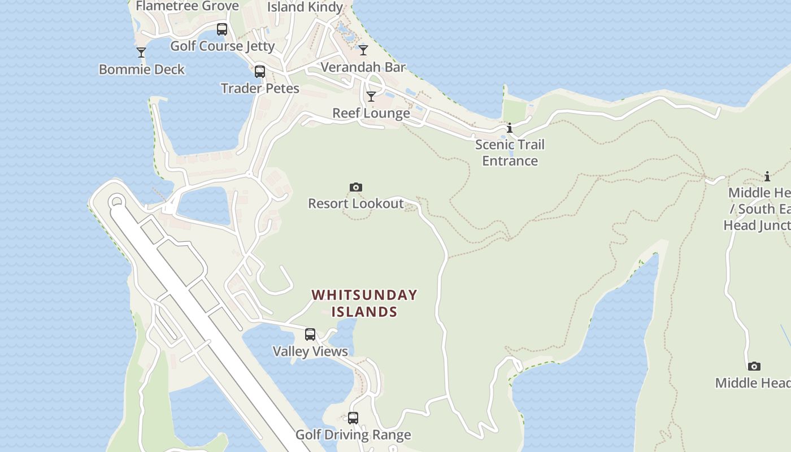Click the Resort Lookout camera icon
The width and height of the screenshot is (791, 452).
pos(355,187)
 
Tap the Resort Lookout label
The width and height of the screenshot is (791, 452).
pos(355,203)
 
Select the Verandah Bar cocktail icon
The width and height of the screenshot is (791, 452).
pos(363,50)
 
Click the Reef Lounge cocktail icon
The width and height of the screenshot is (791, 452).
pos(371,97)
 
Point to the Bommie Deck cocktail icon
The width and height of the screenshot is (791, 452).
pos(141,53)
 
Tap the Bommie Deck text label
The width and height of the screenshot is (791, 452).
pos(141,69)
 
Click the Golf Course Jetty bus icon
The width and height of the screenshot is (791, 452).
pos(222,29)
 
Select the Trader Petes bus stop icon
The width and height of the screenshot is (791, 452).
pos(259,72)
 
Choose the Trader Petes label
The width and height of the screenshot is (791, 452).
pos(260,89)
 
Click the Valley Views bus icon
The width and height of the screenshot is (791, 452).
pos(310,334)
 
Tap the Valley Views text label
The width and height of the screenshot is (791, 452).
pos(310,351)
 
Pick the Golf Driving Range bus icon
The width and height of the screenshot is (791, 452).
pos(353,418)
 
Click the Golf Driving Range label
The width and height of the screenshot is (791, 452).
pos(353,435)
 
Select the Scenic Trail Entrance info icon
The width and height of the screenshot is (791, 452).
pos(510,128)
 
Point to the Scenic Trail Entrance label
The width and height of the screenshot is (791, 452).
pos(510,153)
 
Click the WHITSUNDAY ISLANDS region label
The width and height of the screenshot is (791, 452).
pos(364,303)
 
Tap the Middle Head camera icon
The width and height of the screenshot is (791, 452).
pos(754,366)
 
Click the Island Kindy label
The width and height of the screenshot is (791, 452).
pos(305,7)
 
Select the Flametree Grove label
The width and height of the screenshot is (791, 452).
pos(187,6)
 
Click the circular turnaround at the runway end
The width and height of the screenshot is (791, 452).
pos(117,201)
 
